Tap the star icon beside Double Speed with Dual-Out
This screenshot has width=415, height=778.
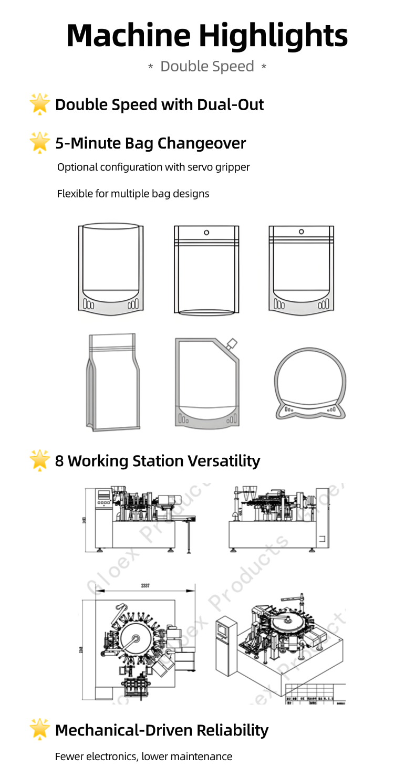40,104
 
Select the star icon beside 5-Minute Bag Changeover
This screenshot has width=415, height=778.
40,142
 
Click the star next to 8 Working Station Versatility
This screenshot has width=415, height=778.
40,460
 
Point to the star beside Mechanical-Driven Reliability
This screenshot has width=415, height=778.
40,730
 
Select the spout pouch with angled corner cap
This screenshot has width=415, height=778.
206,382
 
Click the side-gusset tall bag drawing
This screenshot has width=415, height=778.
113,382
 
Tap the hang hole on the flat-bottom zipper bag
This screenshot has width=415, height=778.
206,232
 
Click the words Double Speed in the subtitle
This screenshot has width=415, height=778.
207,67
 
